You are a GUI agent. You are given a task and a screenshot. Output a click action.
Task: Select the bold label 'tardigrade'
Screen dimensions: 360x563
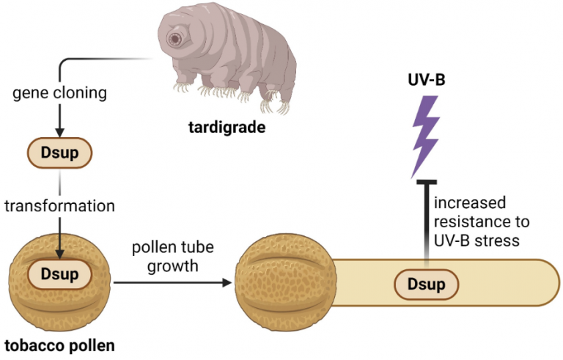click(x=224, y=130)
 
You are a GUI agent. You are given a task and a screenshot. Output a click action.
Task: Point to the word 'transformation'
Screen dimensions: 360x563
click(x=59, y=206)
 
